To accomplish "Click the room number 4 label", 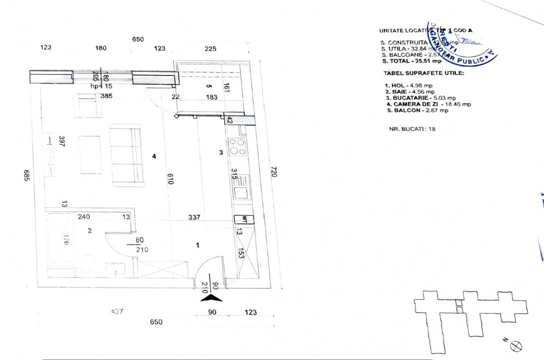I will tap(154, 156).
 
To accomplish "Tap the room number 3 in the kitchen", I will tap(221, 153).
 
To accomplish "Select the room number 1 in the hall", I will tap(198, 245).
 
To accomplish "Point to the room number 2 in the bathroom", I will tap(90, 230).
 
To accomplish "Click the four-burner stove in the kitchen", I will tap(237, 147).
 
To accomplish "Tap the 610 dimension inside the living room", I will tap(170, 179).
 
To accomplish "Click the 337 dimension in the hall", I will tap(194, 217).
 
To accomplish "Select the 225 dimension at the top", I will tap(211, 48).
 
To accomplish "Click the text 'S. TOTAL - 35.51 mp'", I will tap(411, 61).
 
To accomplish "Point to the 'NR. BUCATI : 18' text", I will tap(412, 128).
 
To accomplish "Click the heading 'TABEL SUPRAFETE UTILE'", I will tap(422, 73).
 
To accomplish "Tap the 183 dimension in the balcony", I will tap(212, 97).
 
